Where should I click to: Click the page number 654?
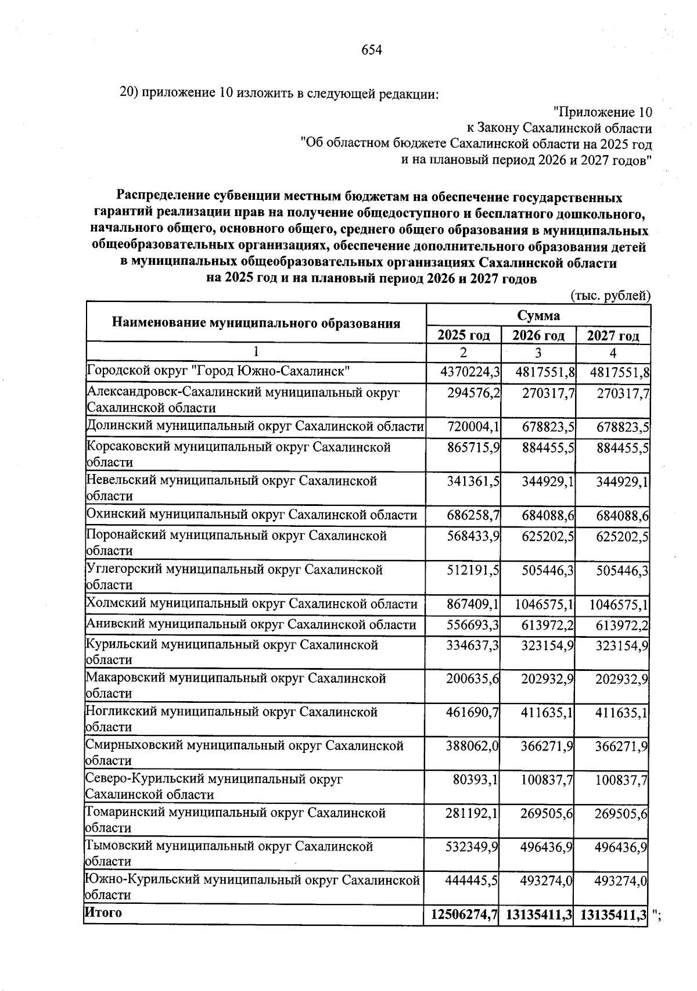pos(372,50)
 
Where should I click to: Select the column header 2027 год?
pos(613,335)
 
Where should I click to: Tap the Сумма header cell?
pos(538,315)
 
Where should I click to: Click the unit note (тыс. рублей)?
pos(610,296)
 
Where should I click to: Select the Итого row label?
pos(104,912)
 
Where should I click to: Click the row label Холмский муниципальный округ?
pos(251,604)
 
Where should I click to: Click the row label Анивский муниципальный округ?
pos(251,624)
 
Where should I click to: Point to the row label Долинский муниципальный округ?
pos(254,426)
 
